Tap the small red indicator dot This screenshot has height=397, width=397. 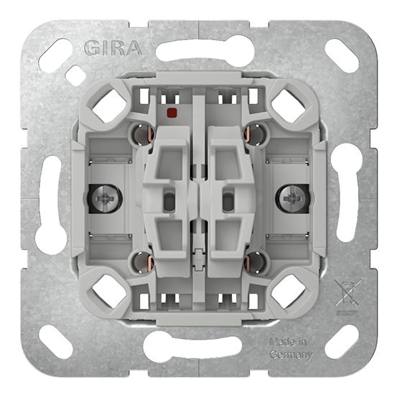coord(171,113)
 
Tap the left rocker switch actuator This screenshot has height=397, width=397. coord(167,201)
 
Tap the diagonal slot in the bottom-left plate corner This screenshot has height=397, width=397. coord(55,341)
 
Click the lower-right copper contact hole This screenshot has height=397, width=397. coord(257,263)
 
